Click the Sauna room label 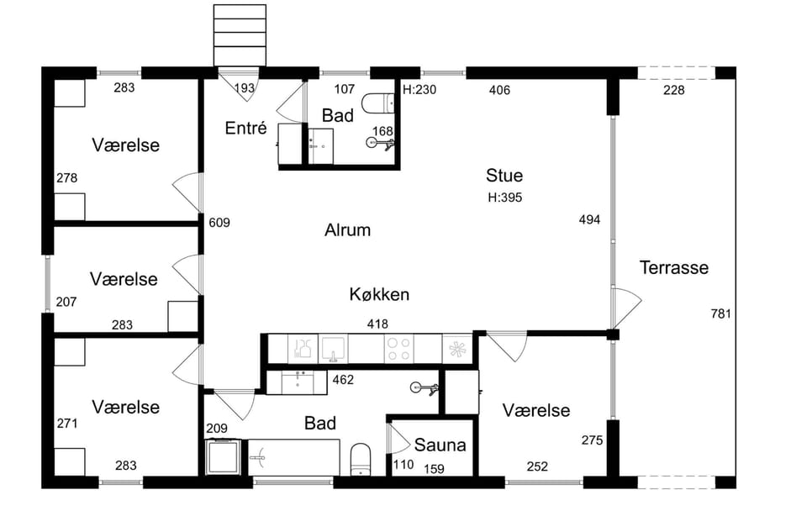pos(440,445)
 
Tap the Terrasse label pos(673,267)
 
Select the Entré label pos(246,128)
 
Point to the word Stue pos(504,176)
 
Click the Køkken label pos(379,294)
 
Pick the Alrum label pos(347,230)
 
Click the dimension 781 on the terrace pos(720,313)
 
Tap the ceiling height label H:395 pos(505,198)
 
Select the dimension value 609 pos(219,223)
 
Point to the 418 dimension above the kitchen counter pos(377,324)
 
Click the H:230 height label pos(419,90)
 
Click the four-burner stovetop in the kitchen pos(398,349)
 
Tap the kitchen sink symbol pos(333,349)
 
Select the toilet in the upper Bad pos(377,103)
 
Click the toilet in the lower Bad pos(361,459)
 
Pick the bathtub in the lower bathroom pos(294,457)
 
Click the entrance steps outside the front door pos(240,35)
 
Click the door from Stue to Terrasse pos(626,308)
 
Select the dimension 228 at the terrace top pos(673,91)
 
